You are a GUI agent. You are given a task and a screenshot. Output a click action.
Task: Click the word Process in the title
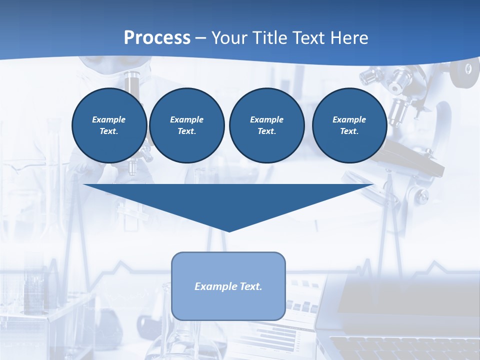(x=157, y=38)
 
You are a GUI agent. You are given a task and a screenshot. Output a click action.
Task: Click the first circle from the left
(x=109, y=125)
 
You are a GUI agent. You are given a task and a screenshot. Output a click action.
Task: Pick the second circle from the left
(x=186, y=125)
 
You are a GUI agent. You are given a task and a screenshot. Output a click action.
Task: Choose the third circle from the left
(x=266, y=125)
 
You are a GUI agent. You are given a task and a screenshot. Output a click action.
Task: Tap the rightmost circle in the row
(x=349, y=125)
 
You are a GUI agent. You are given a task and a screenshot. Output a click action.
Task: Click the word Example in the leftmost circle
(x=109, y=119)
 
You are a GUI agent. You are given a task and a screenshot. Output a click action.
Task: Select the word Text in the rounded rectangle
(x=251, y=286)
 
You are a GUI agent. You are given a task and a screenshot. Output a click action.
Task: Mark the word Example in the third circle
(x=266, y=119)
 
